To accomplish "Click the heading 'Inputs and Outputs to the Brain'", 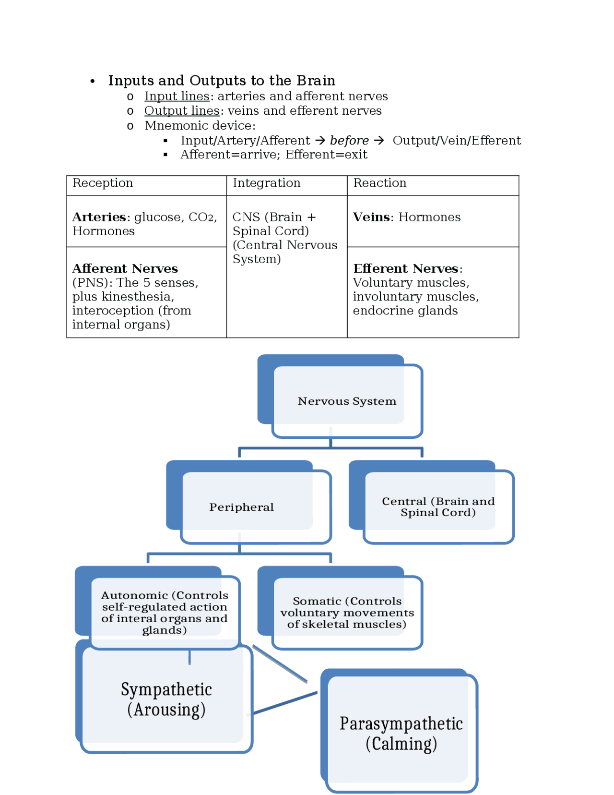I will pyautogui.click(x=222, y=80).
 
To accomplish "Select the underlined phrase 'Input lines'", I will pyautogui.click(x=177, y=96).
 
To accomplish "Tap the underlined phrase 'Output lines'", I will pyautogui.click(x=182, y=111).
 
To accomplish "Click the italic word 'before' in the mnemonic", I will pyautogui.click(x=349, y=141).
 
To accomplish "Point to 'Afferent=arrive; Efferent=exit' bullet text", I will pyautogui.click(x=273, y=155).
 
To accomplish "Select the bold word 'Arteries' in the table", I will pyautogui.click(x=99, y=217).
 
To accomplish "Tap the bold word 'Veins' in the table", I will pyautogui.click(x=371, y=217).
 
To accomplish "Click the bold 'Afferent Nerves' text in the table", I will pyautogui.click(x=125, y=268).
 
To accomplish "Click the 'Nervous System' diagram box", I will pyautogui.click(x=346, y=401).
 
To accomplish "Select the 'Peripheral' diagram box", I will pyautogui.click(x=241, y=507).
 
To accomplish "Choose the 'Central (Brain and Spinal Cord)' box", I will pyautogui.click(x=437, y=507).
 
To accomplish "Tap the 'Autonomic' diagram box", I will pyautogui.click(x=164, y=613).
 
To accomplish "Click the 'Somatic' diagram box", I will pyautogui.click(x=347, y=613).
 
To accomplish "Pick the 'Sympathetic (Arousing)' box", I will pyautogui.click(x=166, y=699).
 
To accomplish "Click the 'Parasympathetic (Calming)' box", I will pyautogui.click(x=401, y=733).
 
